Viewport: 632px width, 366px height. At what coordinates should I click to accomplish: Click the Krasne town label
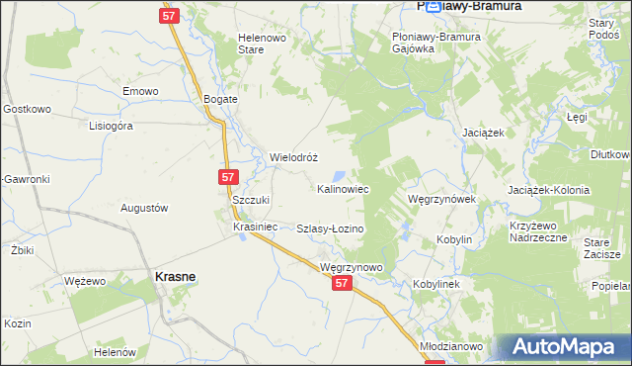pyautogui.click(x=174, y=278)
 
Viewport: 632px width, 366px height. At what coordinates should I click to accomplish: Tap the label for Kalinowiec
pyautogui.click(x=344, y=188)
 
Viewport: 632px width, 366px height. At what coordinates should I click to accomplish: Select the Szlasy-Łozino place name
pyautogui.click(x=331, y=229)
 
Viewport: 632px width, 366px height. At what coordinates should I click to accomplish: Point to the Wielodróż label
pyautogui.click(x=293, y=157)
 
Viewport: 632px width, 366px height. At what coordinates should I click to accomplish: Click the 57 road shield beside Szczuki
pyautogui.click(x=228, y=177)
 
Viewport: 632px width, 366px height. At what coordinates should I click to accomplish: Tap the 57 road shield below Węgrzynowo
pyautogui.click(x=342, y=283)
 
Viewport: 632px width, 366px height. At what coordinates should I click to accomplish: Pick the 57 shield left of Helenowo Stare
pyautogui.click(x=168, y=16)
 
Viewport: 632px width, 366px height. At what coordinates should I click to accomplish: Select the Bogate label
pyautogui.click(x=221, y=100)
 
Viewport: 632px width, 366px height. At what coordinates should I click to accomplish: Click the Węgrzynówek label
pyautogui.click(x=442, y=199)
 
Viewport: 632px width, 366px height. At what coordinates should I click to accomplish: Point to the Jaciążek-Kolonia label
pyautogui.click(x=548, y=190)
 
